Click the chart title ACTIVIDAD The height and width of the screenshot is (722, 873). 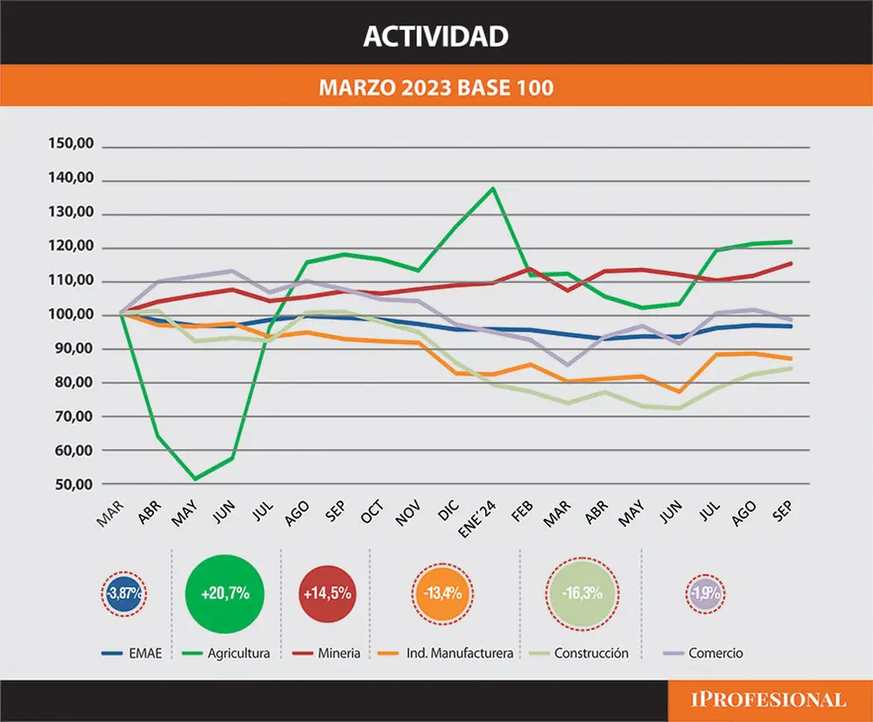[436, 36]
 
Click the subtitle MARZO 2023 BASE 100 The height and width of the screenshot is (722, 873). [436, 88]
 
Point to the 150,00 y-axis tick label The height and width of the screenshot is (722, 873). [71, 143]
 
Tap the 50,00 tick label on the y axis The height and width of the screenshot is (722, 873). [74, 484]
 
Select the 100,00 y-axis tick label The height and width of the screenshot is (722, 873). [71, 314]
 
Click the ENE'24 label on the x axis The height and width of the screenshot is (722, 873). [477, 519]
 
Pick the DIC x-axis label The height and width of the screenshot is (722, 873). [448, 510]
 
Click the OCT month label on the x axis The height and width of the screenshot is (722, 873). [372, 512]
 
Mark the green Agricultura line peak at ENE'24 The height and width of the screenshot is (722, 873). [493, 188]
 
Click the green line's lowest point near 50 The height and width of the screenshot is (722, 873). [195, 479]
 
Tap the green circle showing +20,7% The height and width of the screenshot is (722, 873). [225, 593]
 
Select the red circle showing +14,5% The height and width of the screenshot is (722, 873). [327, 593]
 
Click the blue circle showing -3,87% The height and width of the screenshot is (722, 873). [124, 593]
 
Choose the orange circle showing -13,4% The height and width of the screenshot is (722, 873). [442, 593]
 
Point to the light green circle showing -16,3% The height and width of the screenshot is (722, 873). [582, 593]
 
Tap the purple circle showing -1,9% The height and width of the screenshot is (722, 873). [706, 593]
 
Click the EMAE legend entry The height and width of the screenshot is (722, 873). [132, 653]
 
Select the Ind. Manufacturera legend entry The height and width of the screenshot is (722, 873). [446, 653]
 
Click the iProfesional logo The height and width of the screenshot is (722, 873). [768, 700]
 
